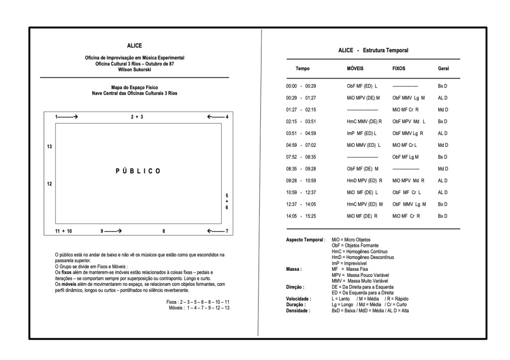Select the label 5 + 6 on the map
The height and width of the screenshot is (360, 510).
(227, 201)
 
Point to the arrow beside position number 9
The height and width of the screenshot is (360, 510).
(114, 231)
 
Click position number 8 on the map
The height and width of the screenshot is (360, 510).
(163, 231)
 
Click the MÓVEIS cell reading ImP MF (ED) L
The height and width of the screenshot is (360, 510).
(362, 133)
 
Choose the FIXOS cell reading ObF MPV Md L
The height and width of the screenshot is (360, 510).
(409, 121)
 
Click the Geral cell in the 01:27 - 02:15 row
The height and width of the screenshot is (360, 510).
(443, 110)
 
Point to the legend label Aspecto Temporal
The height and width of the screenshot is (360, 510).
(306, 240)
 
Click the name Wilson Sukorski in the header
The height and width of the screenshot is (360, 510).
(134, 69)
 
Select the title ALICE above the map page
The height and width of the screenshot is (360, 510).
(134, 46)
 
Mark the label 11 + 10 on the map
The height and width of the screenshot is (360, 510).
(63, 231)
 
